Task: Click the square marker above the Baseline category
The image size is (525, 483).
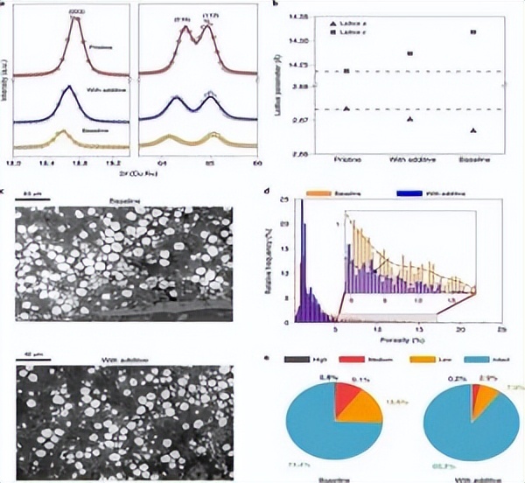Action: [x=473, y=33]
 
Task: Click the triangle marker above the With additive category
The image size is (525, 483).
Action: [x=409, y=119]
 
